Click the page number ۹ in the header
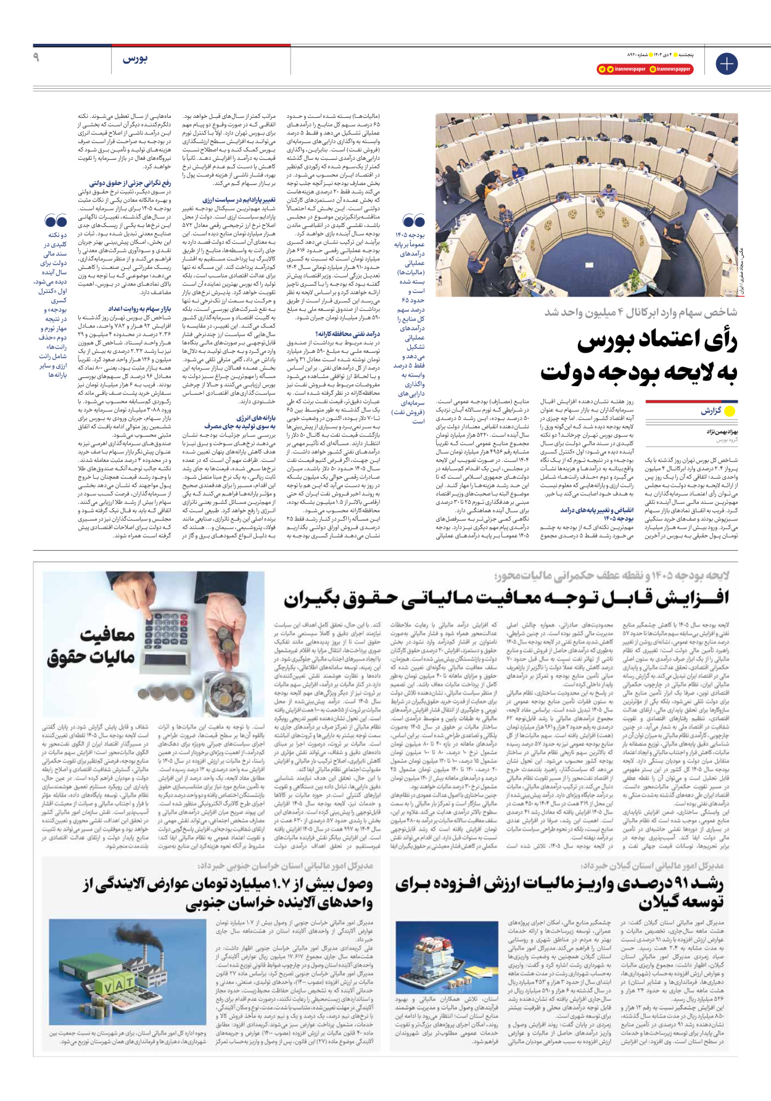coord(36,57)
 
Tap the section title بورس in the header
coord(135,59)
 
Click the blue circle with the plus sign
coord(726,64)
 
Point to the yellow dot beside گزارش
coord(730,411)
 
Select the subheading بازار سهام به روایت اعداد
coord(140,308)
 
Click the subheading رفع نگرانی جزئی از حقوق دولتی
coord(130,183)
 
